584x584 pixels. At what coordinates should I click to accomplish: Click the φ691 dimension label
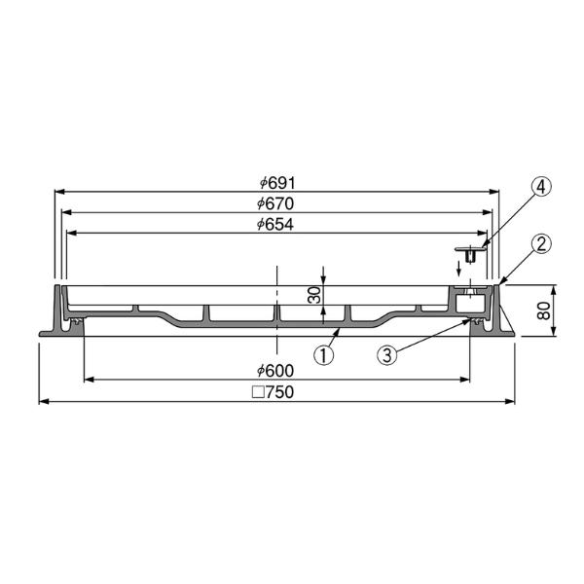coord(277,183)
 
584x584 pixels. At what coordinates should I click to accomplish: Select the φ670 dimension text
coord(275,203)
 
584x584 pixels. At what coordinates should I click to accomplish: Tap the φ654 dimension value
coord(275,224)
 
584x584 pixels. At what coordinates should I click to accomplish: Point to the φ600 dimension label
coord(275,370)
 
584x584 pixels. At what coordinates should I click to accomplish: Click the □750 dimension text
coord(274,392)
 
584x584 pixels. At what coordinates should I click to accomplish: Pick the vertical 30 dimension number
coord(315,295)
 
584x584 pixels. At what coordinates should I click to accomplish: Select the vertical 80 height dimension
coord(544,310)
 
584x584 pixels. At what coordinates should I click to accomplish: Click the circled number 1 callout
coord(324,354)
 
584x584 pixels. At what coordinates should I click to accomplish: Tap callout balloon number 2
coord(541,243)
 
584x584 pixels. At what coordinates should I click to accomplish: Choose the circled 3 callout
coord(387,354)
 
